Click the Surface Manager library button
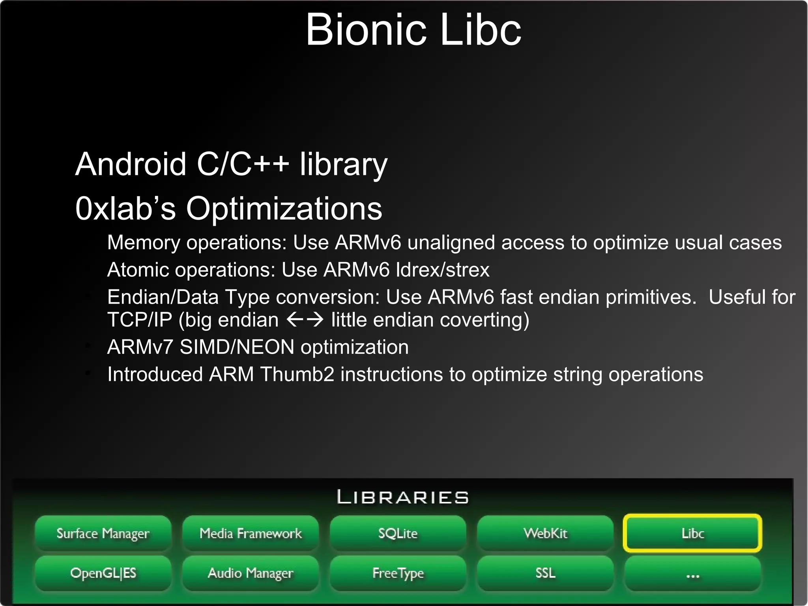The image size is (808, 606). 103,533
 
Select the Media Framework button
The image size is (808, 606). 251,533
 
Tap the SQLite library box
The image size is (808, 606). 398,533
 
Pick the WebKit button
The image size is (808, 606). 545,533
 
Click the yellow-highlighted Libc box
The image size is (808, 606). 692,533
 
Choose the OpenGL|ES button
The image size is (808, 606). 103,573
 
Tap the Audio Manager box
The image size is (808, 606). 251,573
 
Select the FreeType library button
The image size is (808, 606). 398,573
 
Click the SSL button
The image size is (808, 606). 545,573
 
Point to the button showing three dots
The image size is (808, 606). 692,574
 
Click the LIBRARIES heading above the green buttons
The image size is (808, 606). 403,497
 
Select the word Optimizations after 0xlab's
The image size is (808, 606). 284,208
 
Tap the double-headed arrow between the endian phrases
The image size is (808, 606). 305,319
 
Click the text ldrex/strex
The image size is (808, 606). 442,270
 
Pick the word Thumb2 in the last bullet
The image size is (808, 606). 297,374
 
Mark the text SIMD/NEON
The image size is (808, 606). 237,347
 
